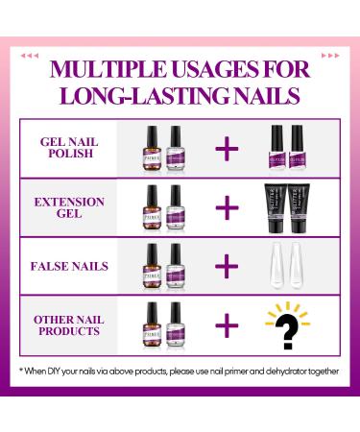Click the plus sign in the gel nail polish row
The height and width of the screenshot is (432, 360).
[x=227, y=147]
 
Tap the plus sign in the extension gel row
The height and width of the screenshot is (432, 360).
[x=227, y=206]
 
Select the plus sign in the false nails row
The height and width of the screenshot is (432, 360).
[x=227, y=266]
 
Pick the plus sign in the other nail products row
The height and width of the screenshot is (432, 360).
[x=227, y=325]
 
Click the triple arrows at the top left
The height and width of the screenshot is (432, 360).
[x=32, y=55]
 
